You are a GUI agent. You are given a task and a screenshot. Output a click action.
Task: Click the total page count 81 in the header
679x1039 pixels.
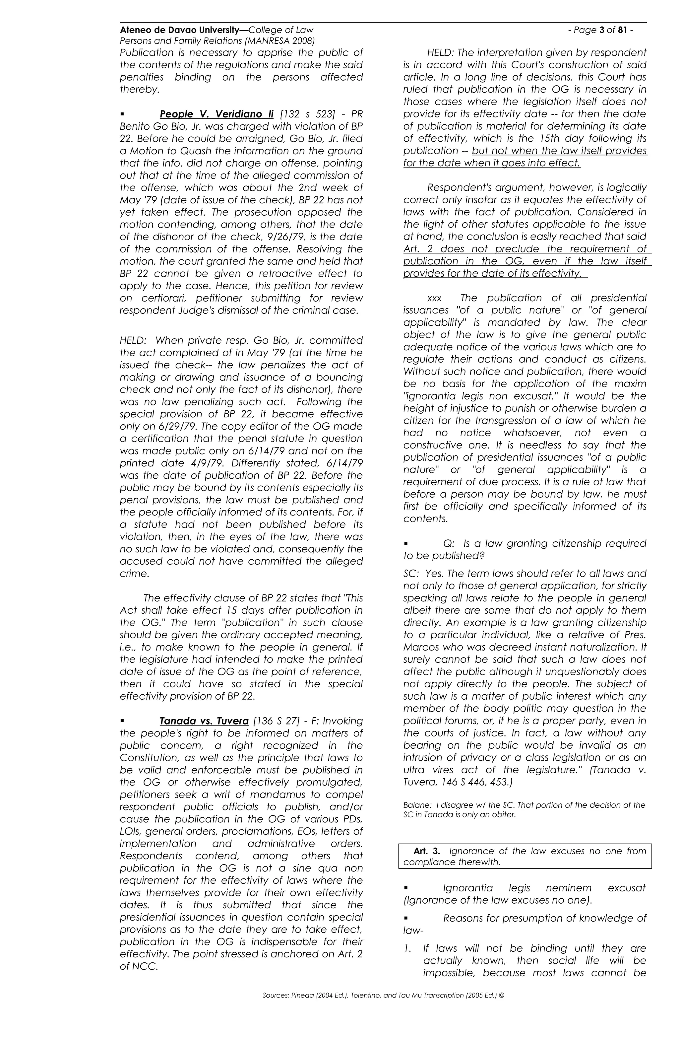[x=623, y=30]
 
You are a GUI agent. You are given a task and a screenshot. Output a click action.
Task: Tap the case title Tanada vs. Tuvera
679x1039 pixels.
[x=204, y=721]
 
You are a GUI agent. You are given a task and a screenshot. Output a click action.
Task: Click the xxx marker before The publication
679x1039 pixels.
[x=434, y=298]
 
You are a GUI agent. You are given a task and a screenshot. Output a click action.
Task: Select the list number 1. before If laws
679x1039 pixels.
[x=407, y=948]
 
